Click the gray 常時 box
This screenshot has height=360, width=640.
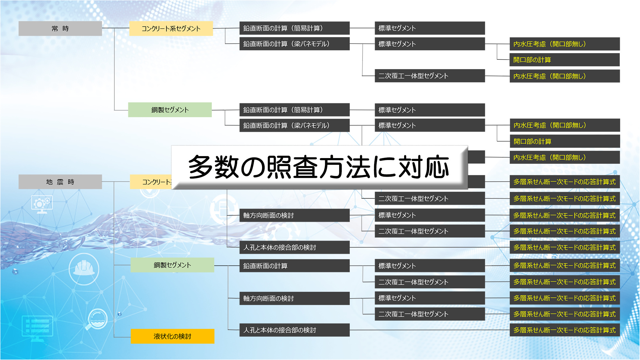pyautogui.click(x=60, y=28)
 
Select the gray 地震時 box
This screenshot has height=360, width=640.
pyautogui.click(x=60, y=182)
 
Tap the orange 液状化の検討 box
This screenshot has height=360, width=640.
pyautogui.click(x=172, y=336)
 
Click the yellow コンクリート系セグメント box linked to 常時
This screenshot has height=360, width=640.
pyautogui.click(x=171, y=28)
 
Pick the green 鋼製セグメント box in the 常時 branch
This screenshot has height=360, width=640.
pyautogui.click(x=170, y=110)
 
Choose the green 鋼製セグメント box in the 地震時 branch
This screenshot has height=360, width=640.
pyautogui.click(x=172, y=265)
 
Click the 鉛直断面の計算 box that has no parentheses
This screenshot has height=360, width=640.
pyautogui.click(x=294, y=266)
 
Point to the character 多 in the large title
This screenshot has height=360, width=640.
pyautogui.click(x=200, y=167)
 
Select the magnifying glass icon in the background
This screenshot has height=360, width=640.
pyautogui.click(x=97, y=319)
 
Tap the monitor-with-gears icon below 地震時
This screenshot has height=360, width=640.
pyautogui.click(x=42, y=204)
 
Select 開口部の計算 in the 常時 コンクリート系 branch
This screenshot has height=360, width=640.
pyautogui.click(x=564, y=60)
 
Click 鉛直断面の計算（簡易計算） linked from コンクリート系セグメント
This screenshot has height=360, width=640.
pyautogui.click(x=294, y=28)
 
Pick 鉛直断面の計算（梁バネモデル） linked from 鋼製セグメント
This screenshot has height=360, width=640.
pyautogui.click(x=294, y=125)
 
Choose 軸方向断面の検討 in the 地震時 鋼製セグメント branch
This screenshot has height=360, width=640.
pyautogui.click(x=294, y=298)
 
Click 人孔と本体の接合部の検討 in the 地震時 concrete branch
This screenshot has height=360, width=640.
pyautogui.click(x=294, y=247)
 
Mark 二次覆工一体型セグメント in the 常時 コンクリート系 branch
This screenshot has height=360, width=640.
pyautogui.click(x=430, y=76)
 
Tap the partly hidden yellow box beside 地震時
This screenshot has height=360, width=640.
pyautogui.click(x=151, y=182)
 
